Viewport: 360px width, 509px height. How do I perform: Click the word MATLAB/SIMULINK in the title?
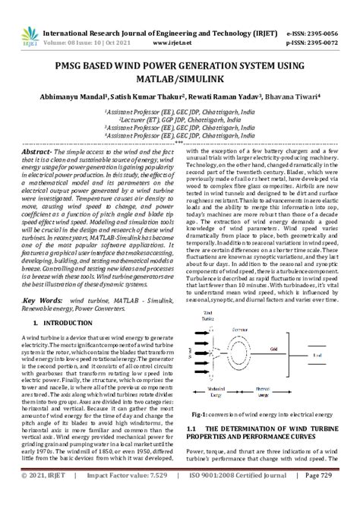point(180,77)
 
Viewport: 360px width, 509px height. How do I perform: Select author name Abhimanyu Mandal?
point(74,96)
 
